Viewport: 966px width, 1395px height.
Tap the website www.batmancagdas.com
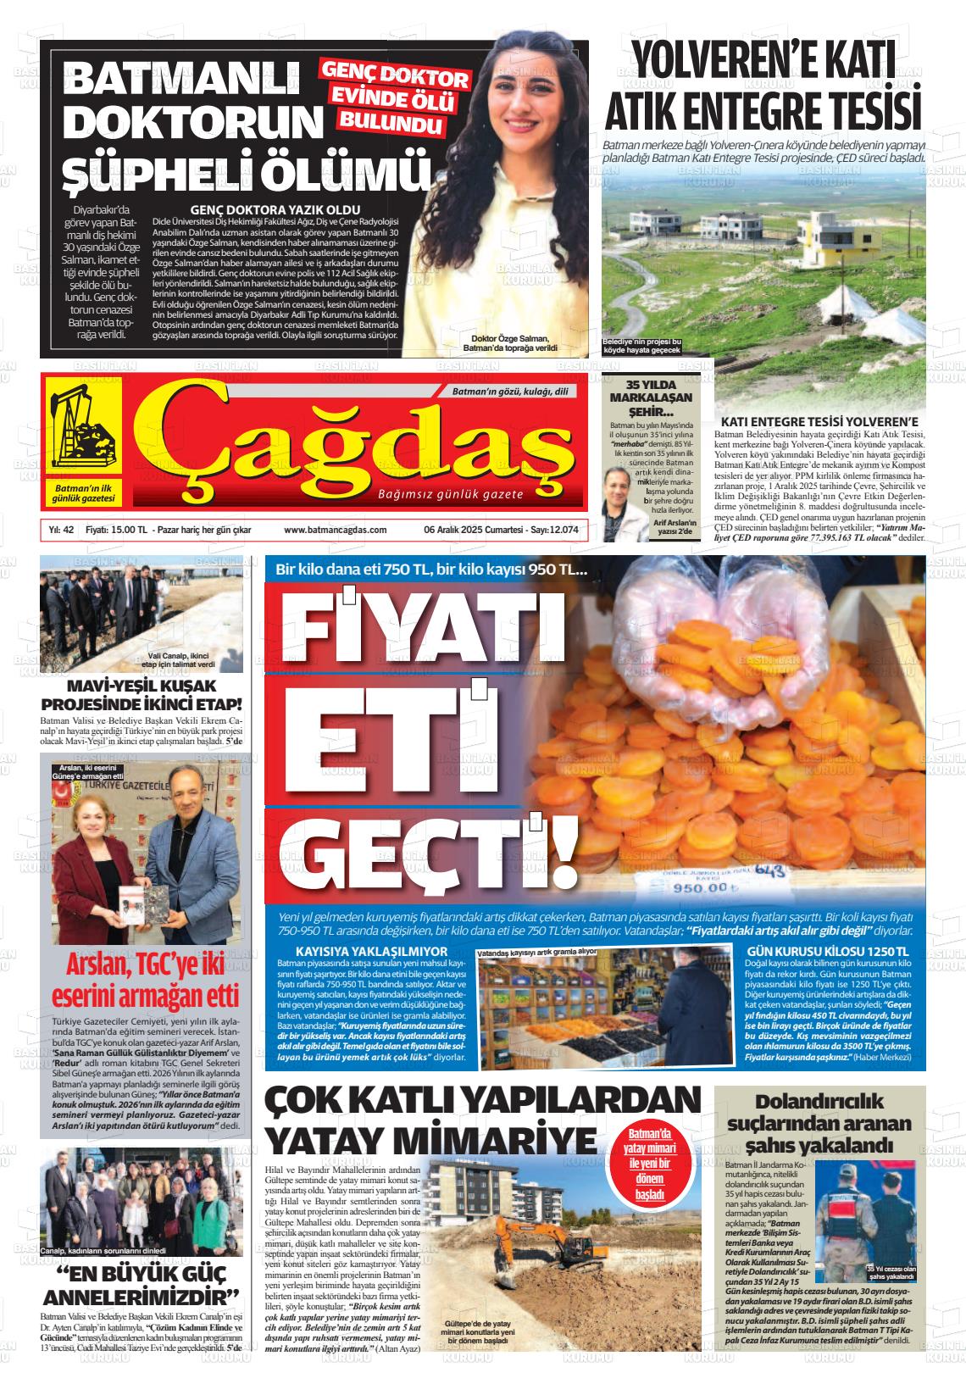(x=336, y=530)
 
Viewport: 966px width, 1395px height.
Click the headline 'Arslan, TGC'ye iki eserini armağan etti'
(x=145, y=981)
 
